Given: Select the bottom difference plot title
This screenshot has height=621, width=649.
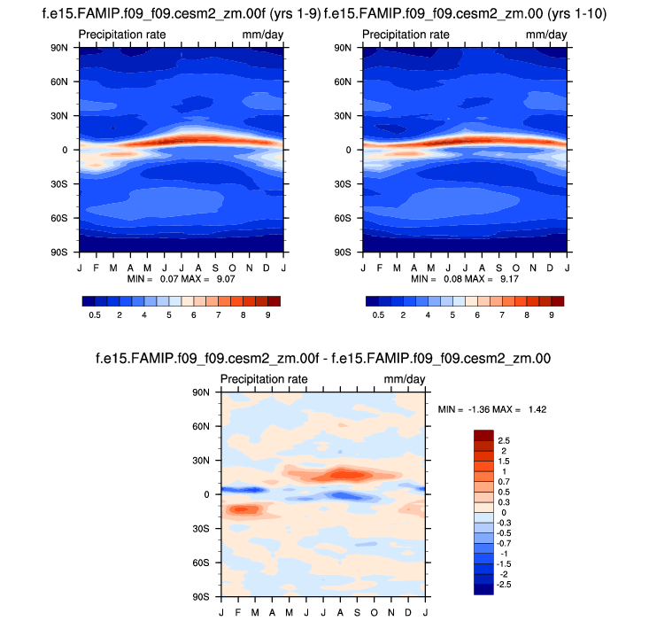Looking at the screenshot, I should [324, 359].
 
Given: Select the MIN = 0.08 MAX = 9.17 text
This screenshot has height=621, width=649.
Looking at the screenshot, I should [464, 278].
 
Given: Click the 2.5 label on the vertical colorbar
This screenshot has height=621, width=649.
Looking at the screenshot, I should [504, 440].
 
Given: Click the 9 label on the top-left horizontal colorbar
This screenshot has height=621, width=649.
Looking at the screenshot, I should [267, 315].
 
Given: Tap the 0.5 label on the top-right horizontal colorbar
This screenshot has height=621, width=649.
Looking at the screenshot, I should [378, 315].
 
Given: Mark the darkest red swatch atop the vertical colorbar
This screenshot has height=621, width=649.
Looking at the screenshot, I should [483, 435].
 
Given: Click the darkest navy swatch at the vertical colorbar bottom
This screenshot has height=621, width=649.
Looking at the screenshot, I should [483, 589].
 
